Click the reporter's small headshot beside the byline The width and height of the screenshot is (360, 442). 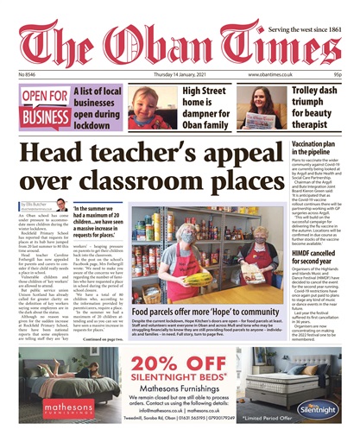coord(62,204)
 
